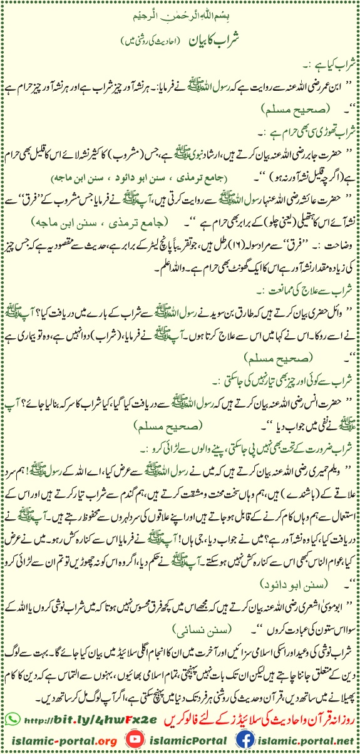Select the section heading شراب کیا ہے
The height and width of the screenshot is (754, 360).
click(331, 62)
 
